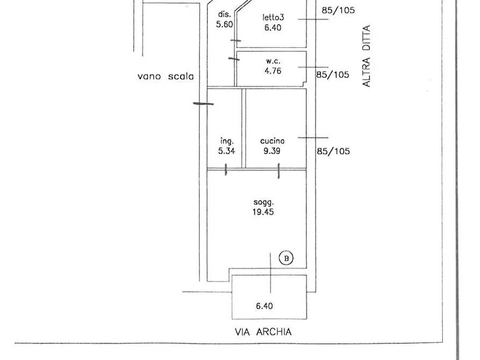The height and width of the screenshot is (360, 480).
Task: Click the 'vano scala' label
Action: coord(165,77)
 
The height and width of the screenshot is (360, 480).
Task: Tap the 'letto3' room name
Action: coord(273,17)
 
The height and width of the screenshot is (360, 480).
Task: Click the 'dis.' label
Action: coord(225,14)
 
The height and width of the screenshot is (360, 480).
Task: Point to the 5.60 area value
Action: coord(225,24)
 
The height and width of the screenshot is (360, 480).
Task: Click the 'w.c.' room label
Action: coord(273,61)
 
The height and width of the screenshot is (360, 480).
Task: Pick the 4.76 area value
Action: coord(273,70)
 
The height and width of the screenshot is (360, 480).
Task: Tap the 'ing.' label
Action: coord(226,141)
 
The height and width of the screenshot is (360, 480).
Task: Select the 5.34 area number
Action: coord(226,151)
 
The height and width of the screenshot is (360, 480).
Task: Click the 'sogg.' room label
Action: coord(264,203)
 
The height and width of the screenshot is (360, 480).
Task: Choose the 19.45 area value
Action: coord(264,212)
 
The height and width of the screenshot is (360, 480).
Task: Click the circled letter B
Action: coord(286,258)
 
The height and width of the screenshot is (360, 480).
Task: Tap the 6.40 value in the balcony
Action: coord(264,306)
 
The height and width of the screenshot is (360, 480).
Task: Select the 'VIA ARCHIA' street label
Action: coord(263,332)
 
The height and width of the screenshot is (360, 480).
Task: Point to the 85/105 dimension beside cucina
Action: coord(333,151)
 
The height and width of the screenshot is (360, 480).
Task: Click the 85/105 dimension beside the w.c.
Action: coord(332,75)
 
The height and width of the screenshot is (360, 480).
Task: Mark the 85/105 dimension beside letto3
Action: coord(338,10)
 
